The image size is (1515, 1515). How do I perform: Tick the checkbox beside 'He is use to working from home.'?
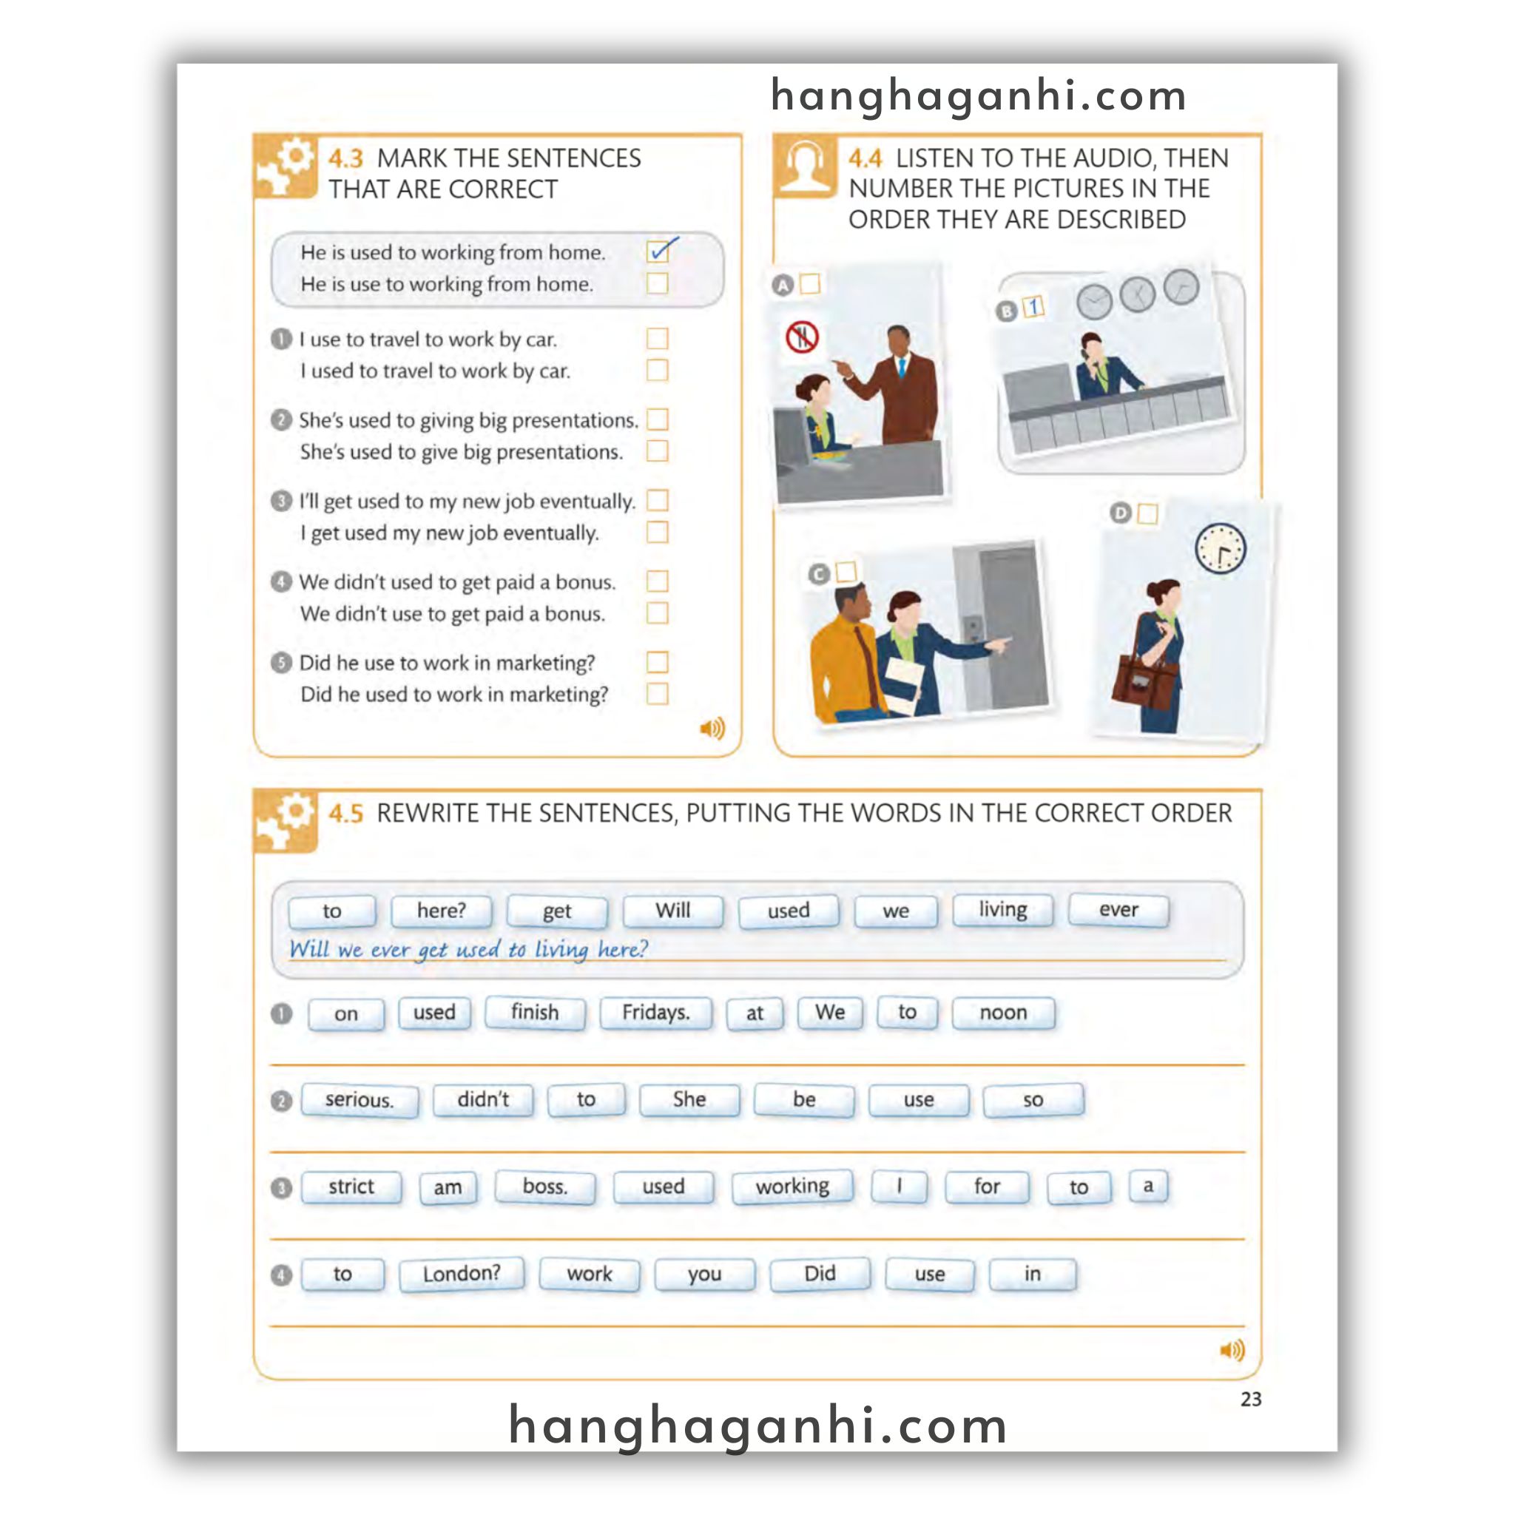[x=657, y=283]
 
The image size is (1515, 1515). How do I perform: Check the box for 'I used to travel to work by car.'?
[x=657, y=370]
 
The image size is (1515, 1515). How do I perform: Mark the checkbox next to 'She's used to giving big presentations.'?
[x=657, y=419]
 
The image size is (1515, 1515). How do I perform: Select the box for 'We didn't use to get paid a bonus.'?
[x=657, y=613]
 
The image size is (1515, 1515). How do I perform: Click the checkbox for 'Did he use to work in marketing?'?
[x=657, y=663]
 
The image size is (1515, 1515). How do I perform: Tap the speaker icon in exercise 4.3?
[x=712, y=729]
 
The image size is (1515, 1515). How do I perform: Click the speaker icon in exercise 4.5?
[x=1232, y=1349]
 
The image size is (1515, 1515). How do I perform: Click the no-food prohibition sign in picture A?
[x=802, y=337]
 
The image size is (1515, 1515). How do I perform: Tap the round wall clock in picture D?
[x=1220, y=548]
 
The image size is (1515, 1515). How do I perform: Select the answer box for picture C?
[x=846, y=572]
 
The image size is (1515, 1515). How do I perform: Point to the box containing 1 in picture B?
[x=1033, y=308]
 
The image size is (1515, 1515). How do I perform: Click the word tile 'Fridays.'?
[x=655, y=1013]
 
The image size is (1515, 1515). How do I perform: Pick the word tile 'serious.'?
[x=359, y=1100]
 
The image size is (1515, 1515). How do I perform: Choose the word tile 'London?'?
[x=461, y=1275]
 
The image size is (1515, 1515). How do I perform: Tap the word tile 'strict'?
[x=351, y=1187]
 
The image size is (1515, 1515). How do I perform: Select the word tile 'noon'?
[x=1003, y=1013]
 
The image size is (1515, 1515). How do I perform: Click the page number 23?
[x=1251, y=1399]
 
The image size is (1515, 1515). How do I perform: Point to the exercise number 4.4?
[x=865, y=159]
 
